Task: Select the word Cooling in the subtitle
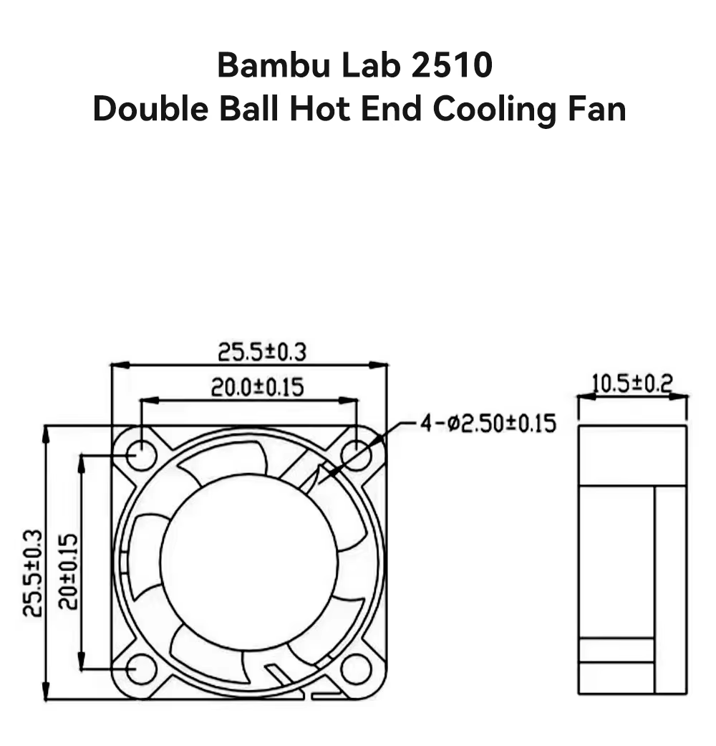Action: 493,110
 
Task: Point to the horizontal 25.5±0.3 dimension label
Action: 262,352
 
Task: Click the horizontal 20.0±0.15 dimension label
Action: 257,388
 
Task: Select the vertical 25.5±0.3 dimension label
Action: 32,573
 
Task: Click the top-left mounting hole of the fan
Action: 141,454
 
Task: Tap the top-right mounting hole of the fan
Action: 356,454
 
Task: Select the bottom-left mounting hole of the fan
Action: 141,669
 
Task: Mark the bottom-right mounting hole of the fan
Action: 356,669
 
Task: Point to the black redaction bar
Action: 358,226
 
